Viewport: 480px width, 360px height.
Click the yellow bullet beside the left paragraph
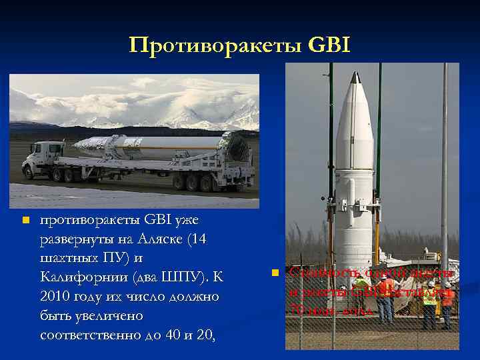coord(25,221)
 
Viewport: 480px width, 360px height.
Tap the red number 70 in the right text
coord(298,309)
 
